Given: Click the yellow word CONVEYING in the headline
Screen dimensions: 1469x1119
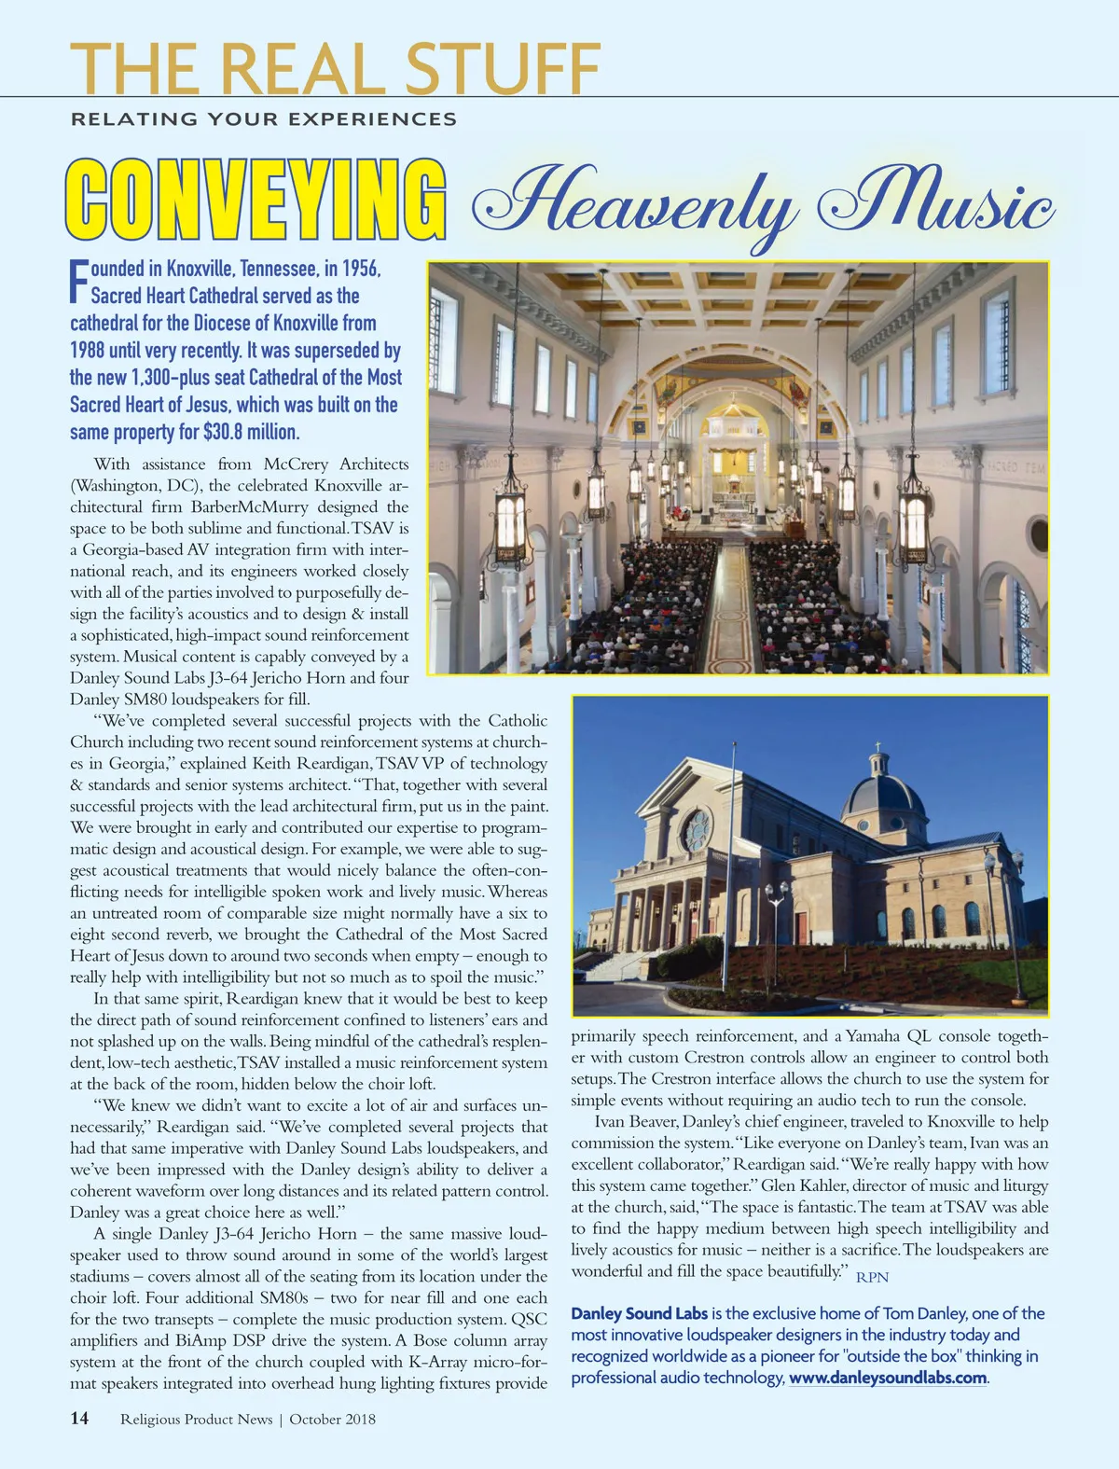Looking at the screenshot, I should [254, 200].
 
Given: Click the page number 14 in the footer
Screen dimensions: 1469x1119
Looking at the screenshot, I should [79, 1419].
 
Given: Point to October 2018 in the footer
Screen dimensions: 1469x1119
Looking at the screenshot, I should [333, 1420].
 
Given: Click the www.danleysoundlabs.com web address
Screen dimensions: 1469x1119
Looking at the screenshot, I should [888, 1378].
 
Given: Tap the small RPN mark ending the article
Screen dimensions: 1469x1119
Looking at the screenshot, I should [873, 1277].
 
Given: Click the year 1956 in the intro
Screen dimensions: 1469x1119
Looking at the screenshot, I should [361, 269].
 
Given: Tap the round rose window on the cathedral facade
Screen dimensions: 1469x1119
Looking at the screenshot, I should [696, 829].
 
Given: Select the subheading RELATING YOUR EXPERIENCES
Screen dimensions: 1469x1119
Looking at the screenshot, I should [264, 119].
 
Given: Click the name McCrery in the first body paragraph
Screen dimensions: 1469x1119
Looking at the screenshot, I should [298, 464].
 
